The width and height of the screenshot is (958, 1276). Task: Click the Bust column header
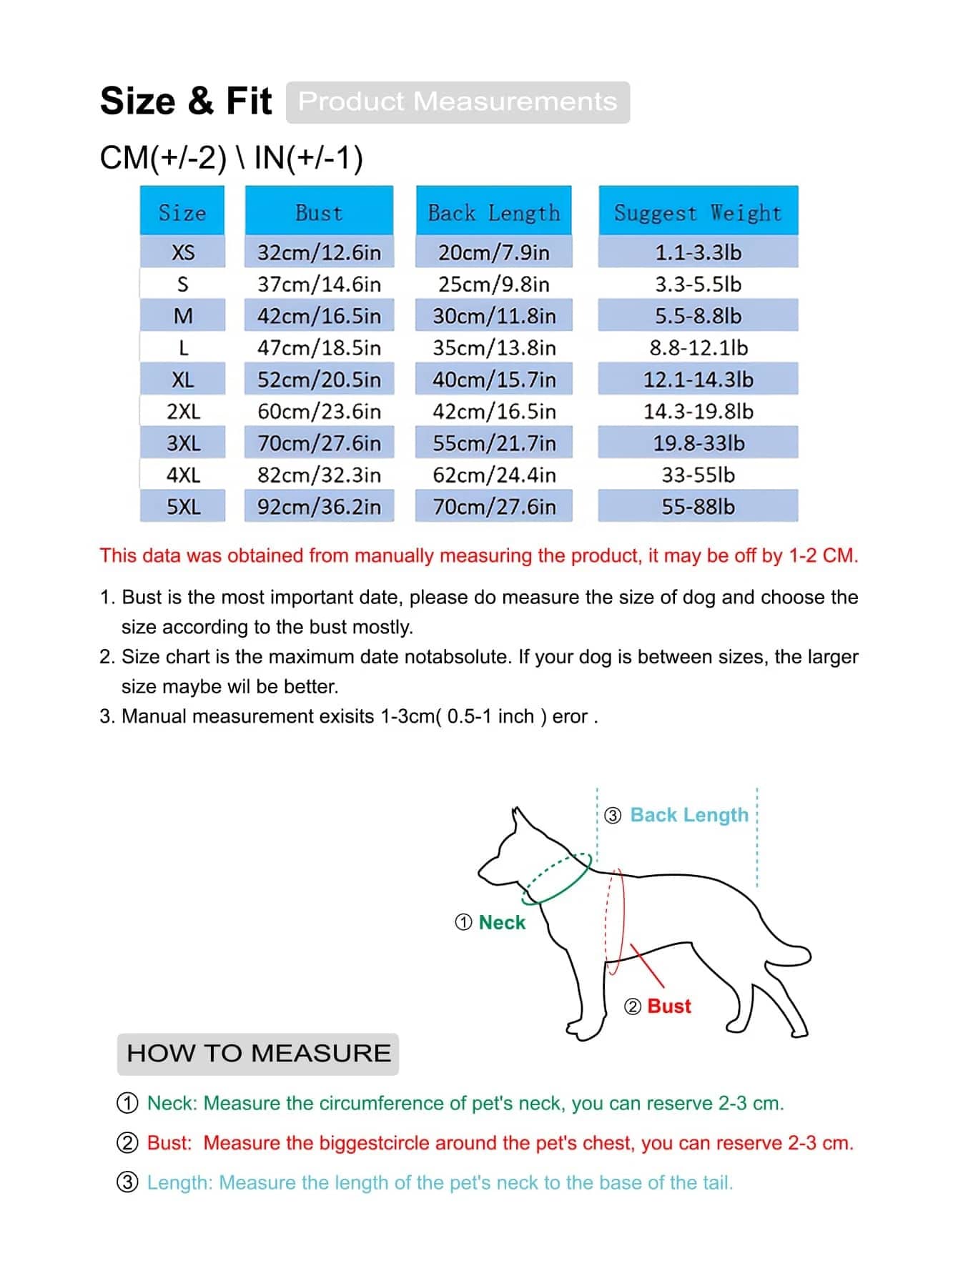(319, 212)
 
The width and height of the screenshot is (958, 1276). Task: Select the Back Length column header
(494, 212)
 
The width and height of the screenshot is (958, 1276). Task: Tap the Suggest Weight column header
(698, 212)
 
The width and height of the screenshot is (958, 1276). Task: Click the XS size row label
(183, 252)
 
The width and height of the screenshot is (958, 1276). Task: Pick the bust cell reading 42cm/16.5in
(319, 316)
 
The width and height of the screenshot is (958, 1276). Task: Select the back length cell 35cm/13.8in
(494, 347)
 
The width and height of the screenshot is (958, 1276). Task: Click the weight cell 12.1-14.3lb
(698, 380)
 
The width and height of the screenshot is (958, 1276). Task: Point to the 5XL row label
(183, 507)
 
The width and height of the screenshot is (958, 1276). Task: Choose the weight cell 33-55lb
(698, 475)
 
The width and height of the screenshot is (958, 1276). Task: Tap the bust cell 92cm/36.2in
(319, 507)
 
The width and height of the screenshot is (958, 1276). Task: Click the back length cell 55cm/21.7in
(494, 443)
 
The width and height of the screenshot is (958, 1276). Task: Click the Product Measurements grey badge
(458, 102)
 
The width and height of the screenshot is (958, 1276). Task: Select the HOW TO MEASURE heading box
(258, 1053)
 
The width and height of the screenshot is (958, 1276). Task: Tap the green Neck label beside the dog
(502, 922)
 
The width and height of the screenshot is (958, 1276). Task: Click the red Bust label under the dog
(669, 1006)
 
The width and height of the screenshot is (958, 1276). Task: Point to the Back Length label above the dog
(689, 815)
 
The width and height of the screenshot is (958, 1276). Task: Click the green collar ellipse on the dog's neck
(558, 879)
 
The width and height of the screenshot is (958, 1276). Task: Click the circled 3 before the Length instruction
(127, 1182)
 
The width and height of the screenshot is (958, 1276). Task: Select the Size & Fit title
(186, 101)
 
